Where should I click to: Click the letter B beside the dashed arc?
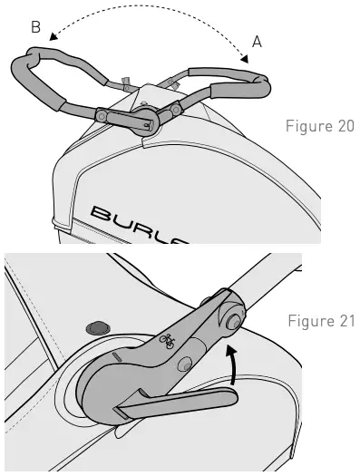point(35,28)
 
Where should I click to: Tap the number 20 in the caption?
point(345,125)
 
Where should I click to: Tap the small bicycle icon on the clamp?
point(167,341)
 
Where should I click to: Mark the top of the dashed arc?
point(150,8)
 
